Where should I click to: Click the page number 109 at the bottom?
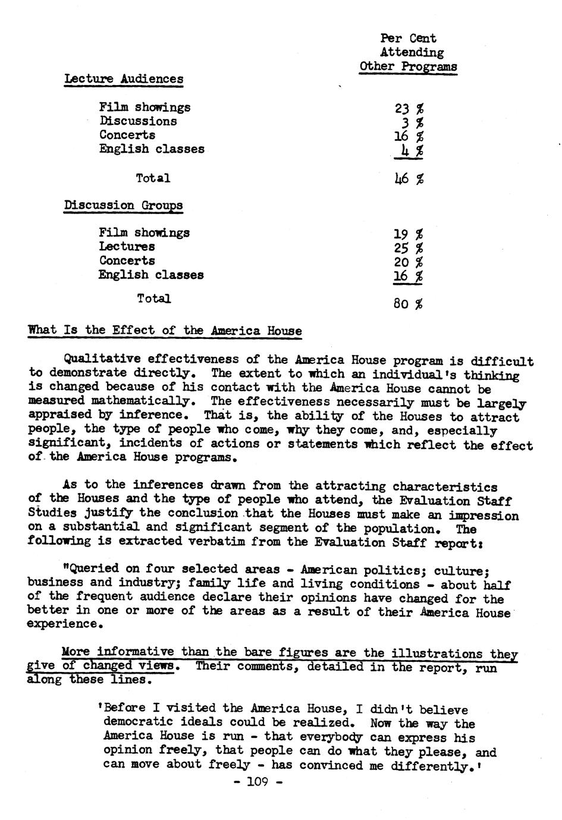click(x=256, y=782)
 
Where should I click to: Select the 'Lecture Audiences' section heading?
click(x=124, y=79)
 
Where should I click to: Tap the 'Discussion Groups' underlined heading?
click(x=124, y=205)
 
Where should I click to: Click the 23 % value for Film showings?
click(x=409, y=108)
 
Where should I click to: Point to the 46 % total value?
click(x=409, y=178)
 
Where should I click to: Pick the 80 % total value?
click(x=408, y=304)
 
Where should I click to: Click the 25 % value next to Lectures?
click(x=409, y=247)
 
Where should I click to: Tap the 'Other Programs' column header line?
click(x=408, y=67)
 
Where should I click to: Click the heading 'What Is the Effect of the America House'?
click(x=165, y=331)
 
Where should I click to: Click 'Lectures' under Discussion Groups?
click(x=127, y=247)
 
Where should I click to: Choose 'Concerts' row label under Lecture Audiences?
click(x=127, y=135)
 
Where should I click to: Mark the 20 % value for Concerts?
click(x=409, y=262)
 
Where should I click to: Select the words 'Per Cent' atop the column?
click(x=408, y=39)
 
